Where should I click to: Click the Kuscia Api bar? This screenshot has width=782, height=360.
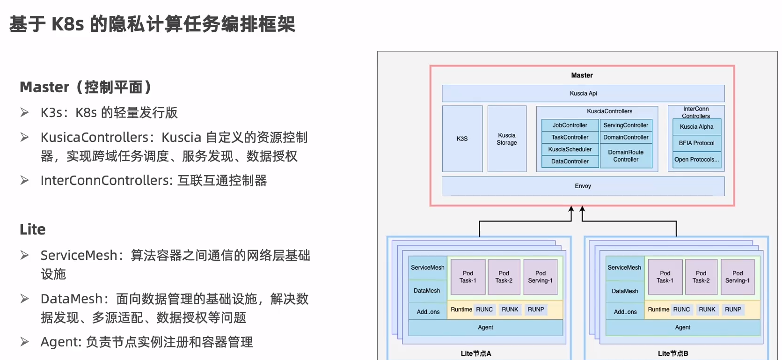tap(583, 93)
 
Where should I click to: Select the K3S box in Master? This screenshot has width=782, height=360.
tap(462, 139)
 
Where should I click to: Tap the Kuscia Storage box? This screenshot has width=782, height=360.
tap(506, 139)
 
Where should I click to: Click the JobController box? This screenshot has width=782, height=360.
tap(570, 125)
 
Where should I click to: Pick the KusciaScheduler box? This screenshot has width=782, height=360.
tap(570, 149)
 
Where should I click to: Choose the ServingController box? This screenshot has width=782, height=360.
tap(626, 125)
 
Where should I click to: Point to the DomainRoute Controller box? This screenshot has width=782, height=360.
tap(626, 156)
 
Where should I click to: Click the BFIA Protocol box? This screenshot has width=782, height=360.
tap(696, 143)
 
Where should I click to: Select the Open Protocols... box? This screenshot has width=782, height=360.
tap(696, 160)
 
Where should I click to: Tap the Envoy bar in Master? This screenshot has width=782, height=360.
tap(583, 186)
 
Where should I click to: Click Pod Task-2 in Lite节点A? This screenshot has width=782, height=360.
tap(504, 277)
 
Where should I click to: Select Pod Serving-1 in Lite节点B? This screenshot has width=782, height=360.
tap(737, 277)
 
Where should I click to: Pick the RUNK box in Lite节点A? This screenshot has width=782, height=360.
tap(510, 309)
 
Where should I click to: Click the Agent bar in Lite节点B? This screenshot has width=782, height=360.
tap(682, 327)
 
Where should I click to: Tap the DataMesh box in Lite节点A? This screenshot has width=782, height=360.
tap(427, 291)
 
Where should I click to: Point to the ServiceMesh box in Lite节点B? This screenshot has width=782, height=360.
tap(624, 268)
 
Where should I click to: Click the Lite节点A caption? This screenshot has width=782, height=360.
tap(475, 353)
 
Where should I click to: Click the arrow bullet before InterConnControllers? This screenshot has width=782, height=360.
tap(25, 180)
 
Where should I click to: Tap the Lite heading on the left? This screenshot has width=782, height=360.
tap(33, 229)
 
